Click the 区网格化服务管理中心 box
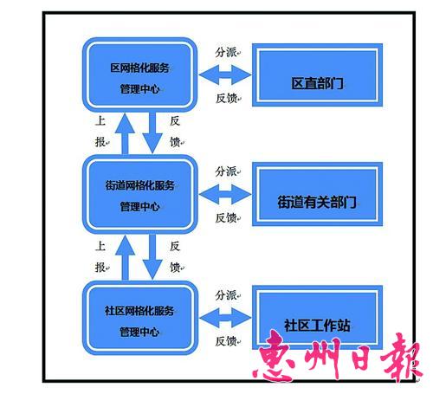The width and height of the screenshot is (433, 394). [140, 74]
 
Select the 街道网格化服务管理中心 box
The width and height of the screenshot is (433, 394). [140, 194]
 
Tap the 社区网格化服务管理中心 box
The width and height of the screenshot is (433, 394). [140, 318]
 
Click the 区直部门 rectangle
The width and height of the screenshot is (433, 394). [317, 75]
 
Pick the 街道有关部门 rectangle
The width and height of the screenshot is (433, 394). [317, 194]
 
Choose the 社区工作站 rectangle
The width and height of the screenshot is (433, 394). [317, 318]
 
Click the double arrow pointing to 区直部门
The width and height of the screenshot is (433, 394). [225, 74]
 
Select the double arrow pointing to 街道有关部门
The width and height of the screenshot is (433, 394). [225, 195]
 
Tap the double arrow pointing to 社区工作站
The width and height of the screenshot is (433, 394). [225, 318]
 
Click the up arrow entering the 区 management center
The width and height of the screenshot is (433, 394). [125, 133]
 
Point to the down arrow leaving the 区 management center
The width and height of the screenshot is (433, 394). [152, 132]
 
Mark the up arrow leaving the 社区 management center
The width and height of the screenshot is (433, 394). [125, 257]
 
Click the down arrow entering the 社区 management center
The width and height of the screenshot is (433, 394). [152, 257]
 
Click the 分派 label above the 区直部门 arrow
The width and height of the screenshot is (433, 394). [226, 52]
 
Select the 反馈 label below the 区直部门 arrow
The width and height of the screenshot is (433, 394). [226, 99]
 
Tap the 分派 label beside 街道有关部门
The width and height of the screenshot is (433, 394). [226, 171]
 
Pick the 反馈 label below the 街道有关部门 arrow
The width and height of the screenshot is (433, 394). [226, 218]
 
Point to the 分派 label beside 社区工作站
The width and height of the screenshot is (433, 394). [226, 295]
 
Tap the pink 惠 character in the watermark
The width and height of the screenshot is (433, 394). [275, 356]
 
